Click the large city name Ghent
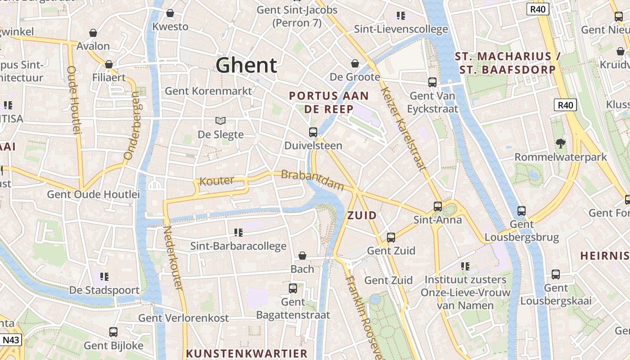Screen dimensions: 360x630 click(x=246, y=65)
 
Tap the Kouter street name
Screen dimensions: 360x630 click(x=217, y=181)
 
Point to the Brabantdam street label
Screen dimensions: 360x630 click(x=312, y=180)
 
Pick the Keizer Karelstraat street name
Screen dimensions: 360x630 click(x=403, y=129)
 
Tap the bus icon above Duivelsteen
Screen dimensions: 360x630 click(x=313, y=132)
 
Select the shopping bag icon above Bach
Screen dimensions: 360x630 click(x=302, y=256)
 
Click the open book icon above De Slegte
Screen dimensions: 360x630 click(x=220, y=121)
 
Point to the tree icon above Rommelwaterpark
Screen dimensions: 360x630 click(x=560, y=144)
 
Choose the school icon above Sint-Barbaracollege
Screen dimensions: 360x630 click(x=238, y=232)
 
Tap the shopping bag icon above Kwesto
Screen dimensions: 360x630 click(x=170, y=13)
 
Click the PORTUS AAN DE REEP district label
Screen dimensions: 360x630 click(x=329, y=102)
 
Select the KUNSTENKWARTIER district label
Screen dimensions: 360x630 click(x=247, y=353)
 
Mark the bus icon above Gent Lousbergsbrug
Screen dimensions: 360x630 click(x=522, y=211)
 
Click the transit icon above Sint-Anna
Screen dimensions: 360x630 click(x=438, y=207)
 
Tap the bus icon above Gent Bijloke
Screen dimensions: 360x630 click(x=113, y=332)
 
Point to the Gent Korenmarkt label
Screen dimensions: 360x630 click(x=208, y=91)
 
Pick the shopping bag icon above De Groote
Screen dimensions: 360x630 click(x=355, y=63)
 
